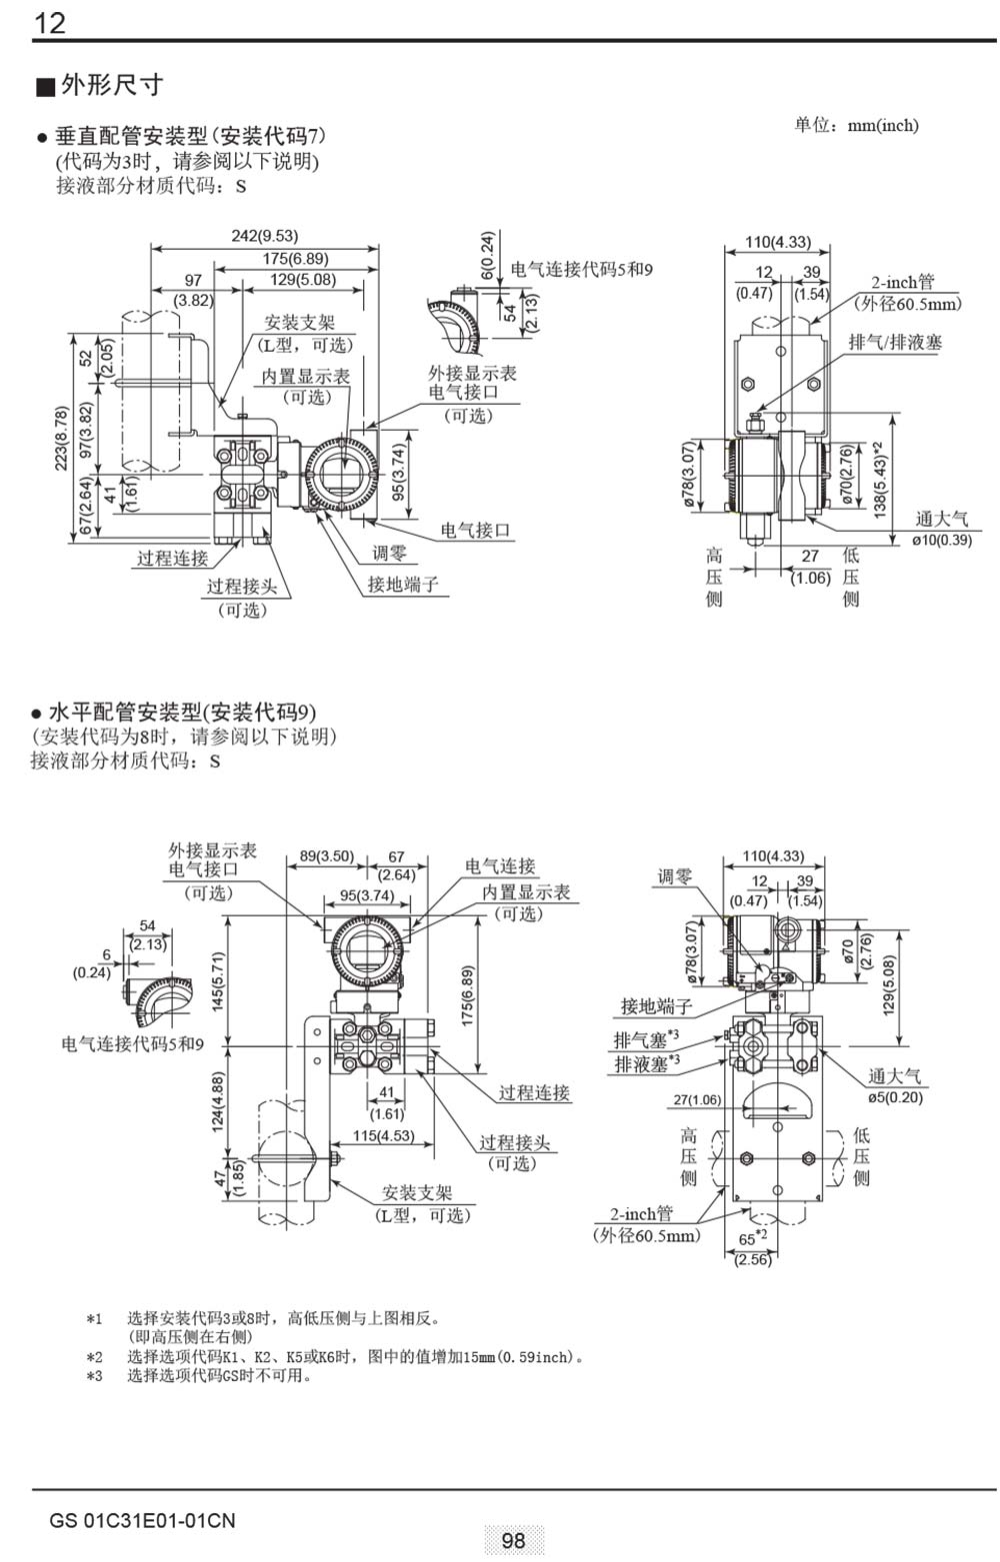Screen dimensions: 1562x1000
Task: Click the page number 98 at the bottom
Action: point(513,1540)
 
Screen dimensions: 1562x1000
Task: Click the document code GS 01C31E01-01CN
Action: point(142,1521)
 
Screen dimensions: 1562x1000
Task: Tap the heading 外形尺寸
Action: point(111,85)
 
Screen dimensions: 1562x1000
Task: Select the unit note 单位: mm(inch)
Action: point(856,125)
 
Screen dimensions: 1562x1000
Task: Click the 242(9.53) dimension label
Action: point(265,236)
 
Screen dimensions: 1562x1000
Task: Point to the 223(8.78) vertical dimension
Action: point(62,440)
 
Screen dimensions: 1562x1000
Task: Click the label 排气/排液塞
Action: point(895,342)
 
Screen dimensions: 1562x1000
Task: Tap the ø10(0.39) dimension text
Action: point(941,540)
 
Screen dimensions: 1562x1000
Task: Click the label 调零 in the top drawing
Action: point(390,553)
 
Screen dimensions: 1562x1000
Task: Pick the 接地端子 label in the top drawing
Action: point(403,584)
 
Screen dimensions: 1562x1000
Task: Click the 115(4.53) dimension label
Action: point(383,1135)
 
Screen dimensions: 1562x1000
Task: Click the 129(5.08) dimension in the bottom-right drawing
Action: point(890,985)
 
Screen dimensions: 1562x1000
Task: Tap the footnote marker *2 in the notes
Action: point(94,1357)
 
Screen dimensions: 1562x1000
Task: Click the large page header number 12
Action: point(50,22)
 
